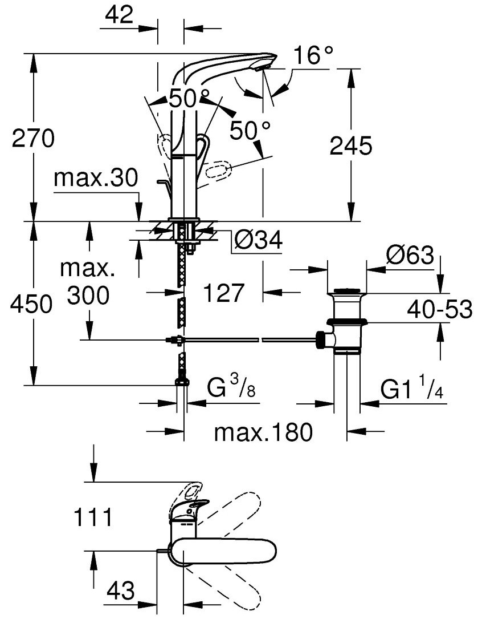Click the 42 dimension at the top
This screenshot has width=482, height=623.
coord(119,15)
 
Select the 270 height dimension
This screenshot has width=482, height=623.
coord(33,139)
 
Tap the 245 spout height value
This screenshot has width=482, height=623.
coord(351,146)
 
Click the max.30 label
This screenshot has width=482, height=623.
coord(96,179)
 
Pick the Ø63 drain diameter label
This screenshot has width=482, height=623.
coord(410,255)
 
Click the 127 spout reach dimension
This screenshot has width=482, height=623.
coord(224,293)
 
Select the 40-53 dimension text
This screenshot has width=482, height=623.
coord(439,310)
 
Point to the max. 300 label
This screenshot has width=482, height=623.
coord(88,282)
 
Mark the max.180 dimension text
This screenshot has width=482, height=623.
coord(263,432)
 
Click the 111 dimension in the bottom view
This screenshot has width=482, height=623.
coord(92,518)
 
